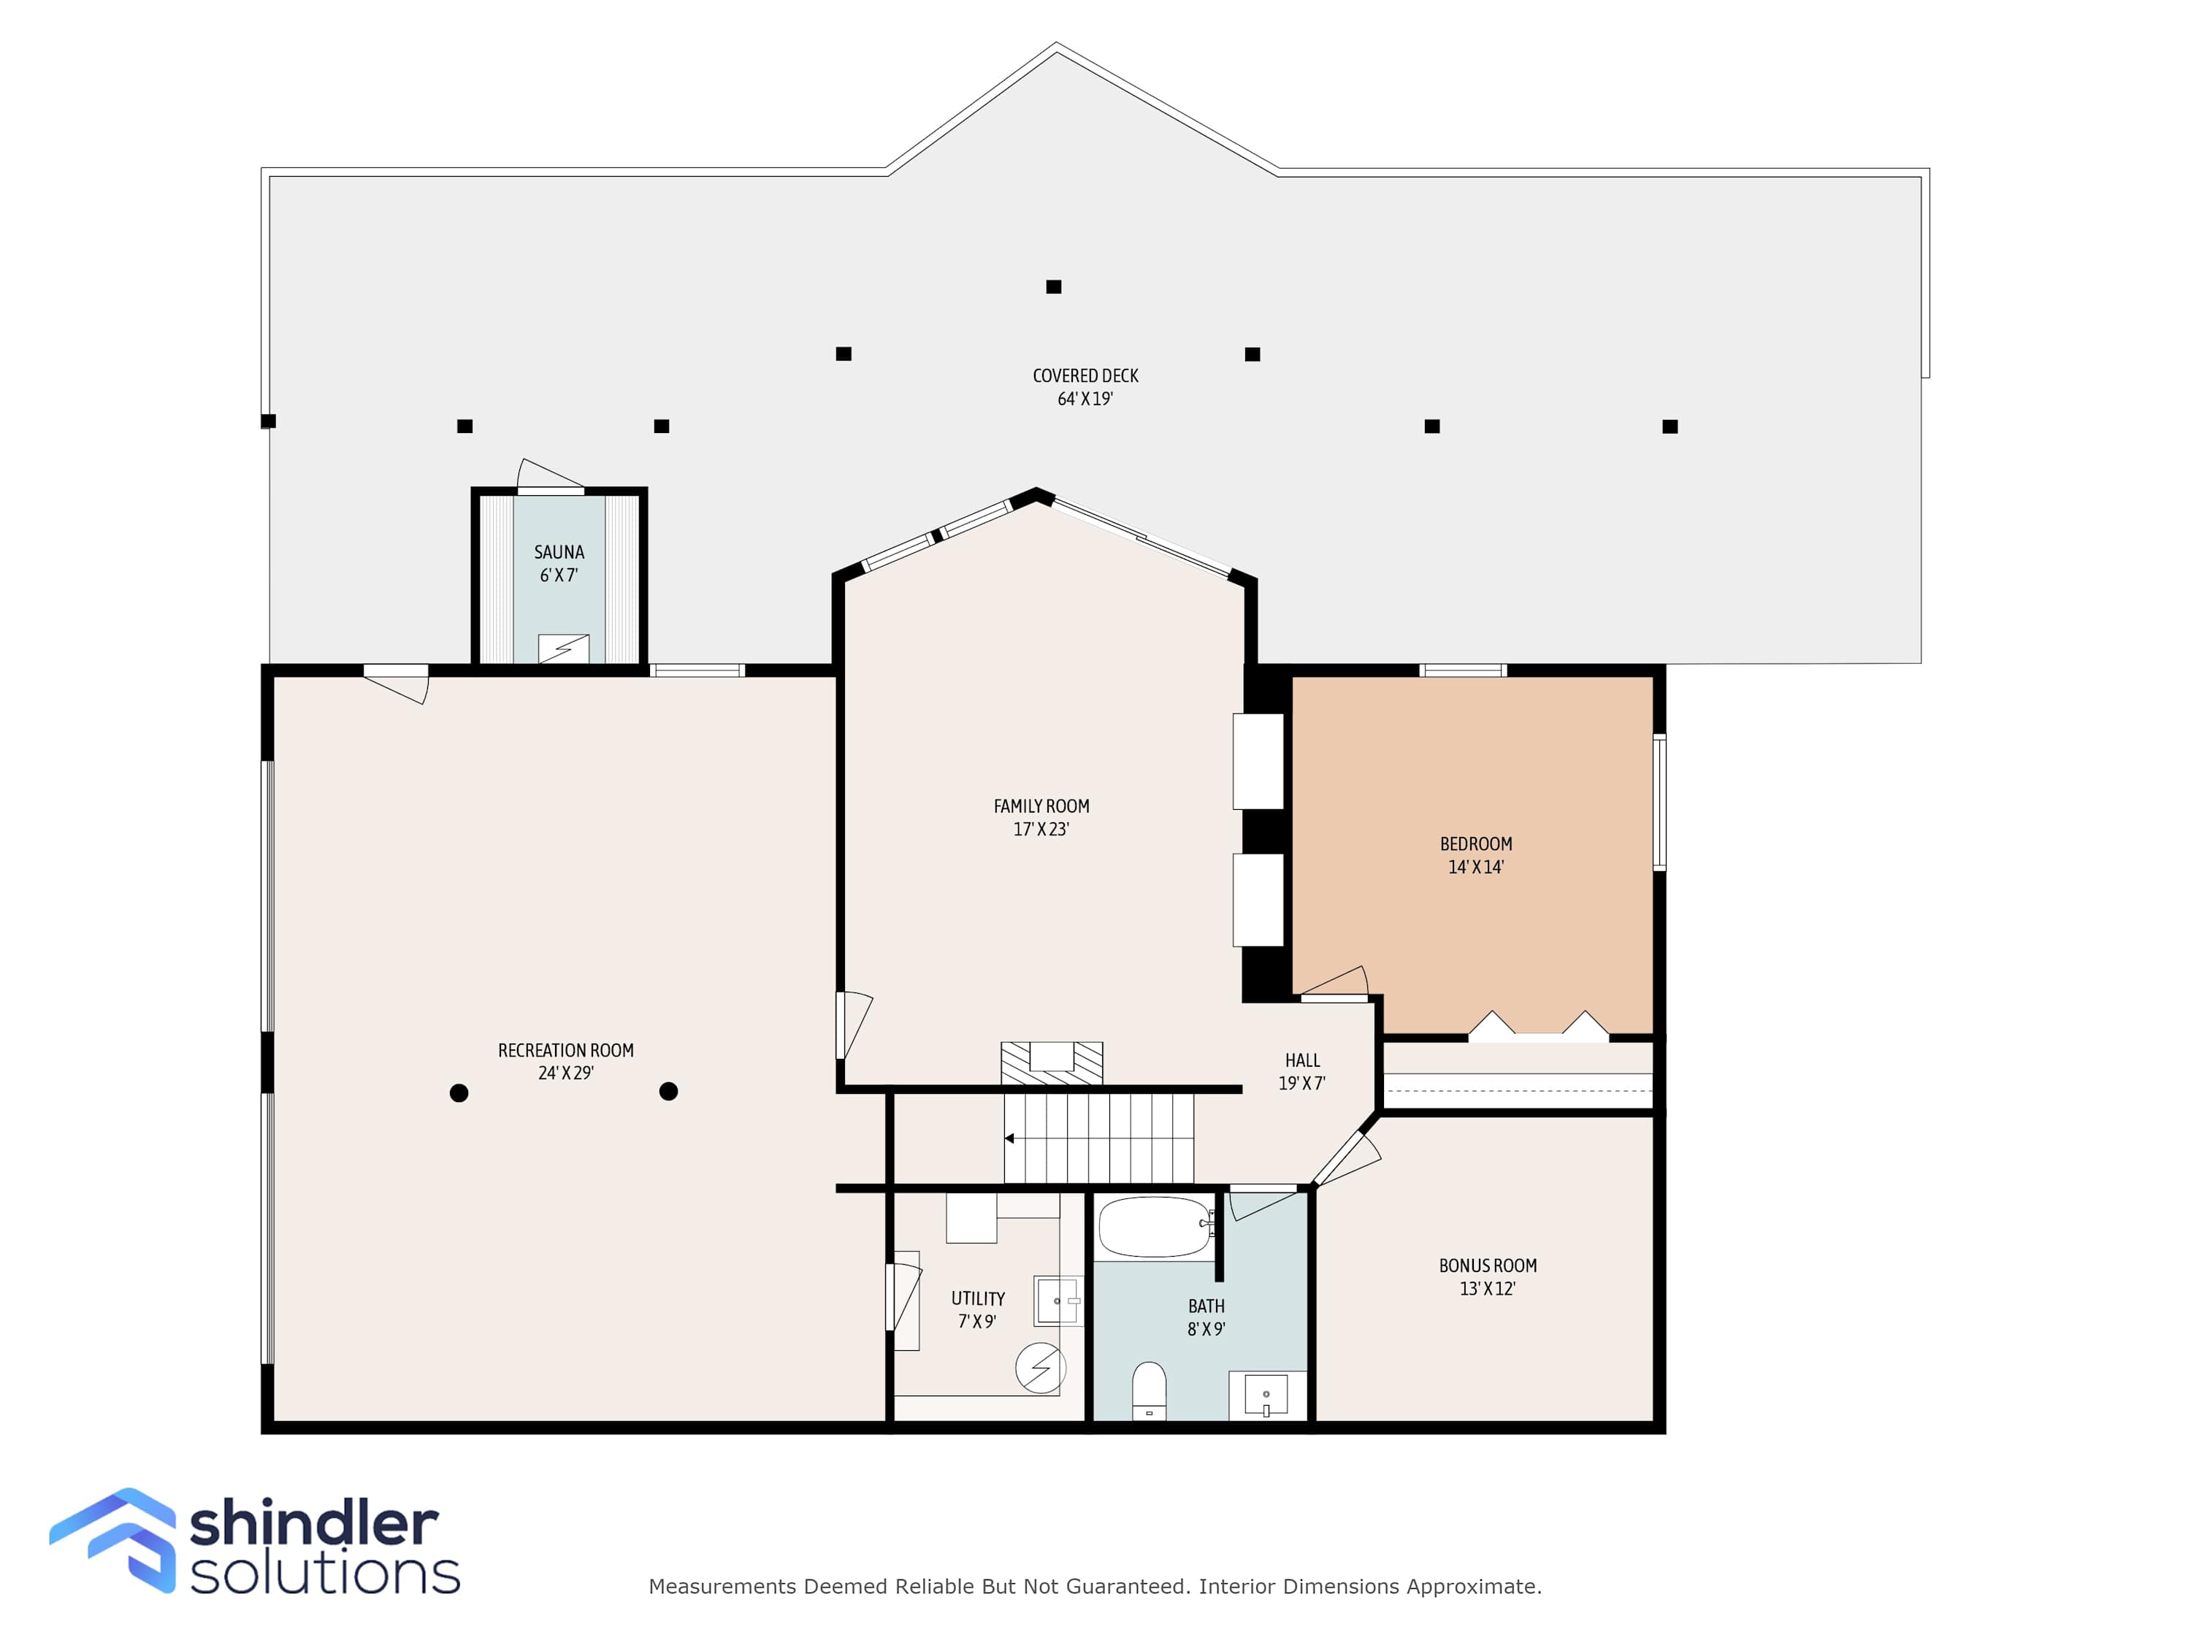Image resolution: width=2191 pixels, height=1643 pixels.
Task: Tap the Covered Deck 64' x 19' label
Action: click(x=1085, y=387)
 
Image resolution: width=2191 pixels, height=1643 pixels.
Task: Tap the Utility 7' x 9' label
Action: click(x=978, y=1309)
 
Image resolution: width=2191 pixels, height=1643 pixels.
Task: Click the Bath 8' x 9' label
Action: click(x=1207, y=1317)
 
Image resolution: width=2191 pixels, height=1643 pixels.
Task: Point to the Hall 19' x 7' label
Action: click(x=1301, y=1071)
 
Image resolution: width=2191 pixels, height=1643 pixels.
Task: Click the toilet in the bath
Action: click(x=1149, y=1390)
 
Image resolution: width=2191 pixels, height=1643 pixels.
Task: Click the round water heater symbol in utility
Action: click(x=1040, y=1368)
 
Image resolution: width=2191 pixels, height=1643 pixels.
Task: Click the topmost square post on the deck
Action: click(x=1054, y=286)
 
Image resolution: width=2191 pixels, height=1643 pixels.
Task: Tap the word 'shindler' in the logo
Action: click(x=314, y=1523)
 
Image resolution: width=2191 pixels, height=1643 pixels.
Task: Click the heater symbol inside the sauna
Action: click(x=564, y=648)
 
